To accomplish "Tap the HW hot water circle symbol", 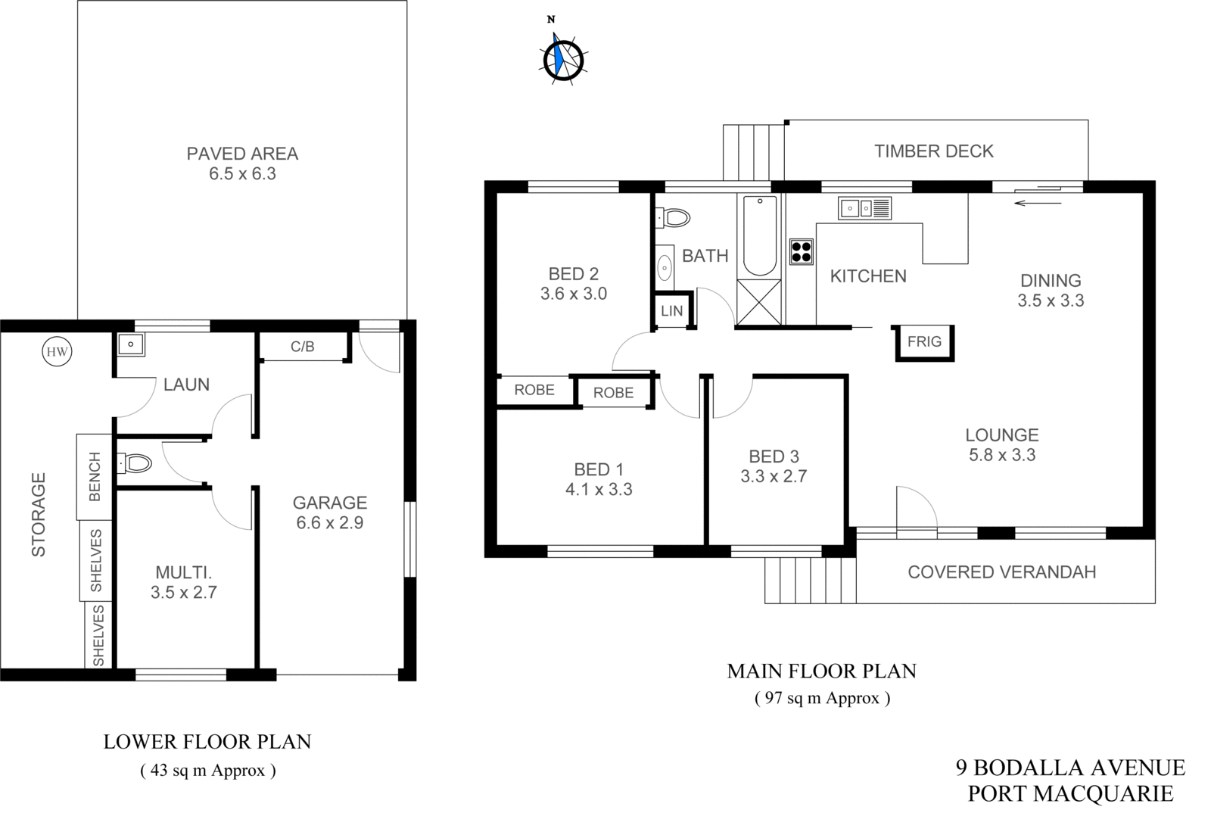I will click(x=57, y=352).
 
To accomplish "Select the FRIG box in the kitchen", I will click(x=924, y=341).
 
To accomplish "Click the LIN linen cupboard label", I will click(x=671, y=310).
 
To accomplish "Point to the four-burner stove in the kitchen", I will click(x=801, y=251).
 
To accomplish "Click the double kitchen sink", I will click(x=864, y=207).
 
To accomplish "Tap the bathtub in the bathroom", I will click(x=760, y=236).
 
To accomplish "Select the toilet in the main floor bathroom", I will click(x=673, y=219).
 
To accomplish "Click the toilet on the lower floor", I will click(x=135, y=463).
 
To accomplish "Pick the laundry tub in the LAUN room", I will click(x=131, y=344).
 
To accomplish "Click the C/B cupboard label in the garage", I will click(x=302, y=347).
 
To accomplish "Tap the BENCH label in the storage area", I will click(x=95, y=476).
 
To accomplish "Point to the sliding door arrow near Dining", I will click(x=1038, y=202).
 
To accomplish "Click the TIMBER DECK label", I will click(x=933, y=151).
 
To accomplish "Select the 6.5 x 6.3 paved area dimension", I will click(x=242, y=174).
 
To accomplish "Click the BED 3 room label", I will click(x=774, y=456).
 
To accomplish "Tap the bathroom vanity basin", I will click(x=665, y=267).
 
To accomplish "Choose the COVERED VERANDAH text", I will click(x=1001, y=572).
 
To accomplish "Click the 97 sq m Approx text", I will click(x=821, y=698).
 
